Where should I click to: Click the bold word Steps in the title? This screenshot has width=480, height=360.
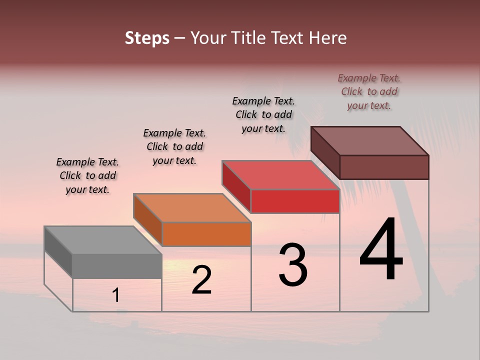click(x=147, y=38)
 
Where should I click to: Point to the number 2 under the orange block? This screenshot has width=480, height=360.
click(x=202, y=280)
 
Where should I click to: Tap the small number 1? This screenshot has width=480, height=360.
click(x=116, y=295)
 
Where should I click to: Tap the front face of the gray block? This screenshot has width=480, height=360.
click(x=117, y=266)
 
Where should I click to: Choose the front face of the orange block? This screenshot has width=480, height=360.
click(x=206, y=234)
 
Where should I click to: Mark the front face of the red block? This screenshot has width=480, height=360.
click(x=295, y=201)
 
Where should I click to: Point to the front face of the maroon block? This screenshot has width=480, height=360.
click(x=384, y=167)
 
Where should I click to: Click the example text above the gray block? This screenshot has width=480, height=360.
click(x=87, y=175)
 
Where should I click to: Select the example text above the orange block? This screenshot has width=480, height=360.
click(x=174, y=146)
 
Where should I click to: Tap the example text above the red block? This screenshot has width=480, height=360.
click(x=263, y=114)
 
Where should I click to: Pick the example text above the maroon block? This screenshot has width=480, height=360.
click(x=369, y=91)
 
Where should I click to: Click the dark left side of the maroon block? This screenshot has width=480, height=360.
click(x=325, y=152)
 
